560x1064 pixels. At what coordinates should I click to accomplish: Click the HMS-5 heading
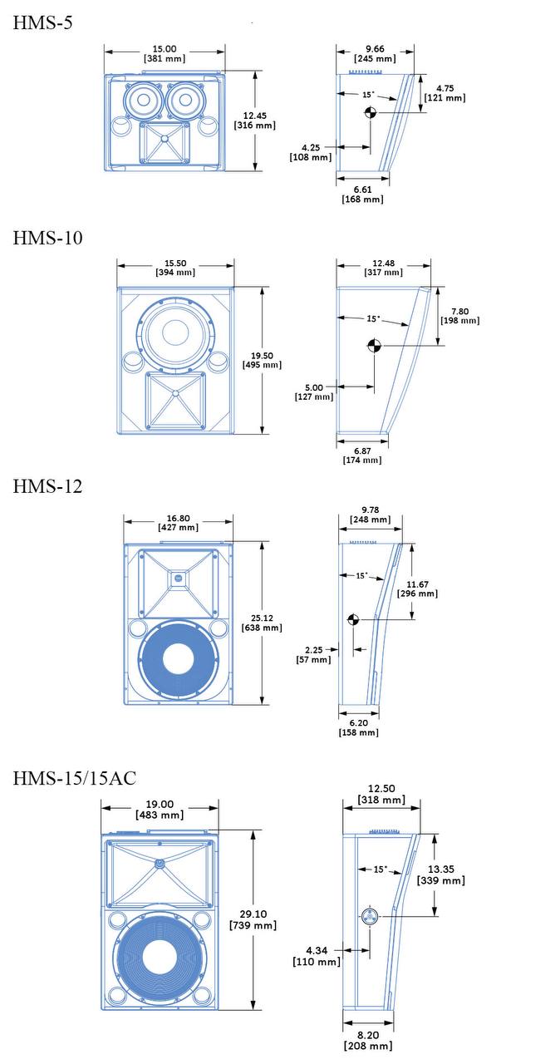(42, 22)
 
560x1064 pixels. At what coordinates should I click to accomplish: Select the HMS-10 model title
(47, 238)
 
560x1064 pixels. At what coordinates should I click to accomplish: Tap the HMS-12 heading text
(47, 486)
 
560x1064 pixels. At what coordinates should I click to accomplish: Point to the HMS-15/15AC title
(75, 778)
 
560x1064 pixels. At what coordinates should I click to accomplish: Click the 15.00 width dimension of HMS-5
(165, 54)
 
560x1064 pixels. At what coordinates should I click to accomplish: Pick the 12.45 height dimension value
(255, 121)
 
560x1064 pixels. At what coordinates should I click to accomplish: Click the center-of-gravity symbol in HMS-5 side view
(371, 112)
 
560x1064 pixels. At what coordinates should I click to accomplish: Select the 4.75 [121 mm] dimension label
(445, 93)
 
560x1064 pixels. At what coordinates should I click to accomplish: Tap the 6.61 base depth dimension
(362, 195)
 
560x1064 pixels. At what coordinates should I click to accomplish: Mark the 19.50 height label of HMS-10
(262, 361)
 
